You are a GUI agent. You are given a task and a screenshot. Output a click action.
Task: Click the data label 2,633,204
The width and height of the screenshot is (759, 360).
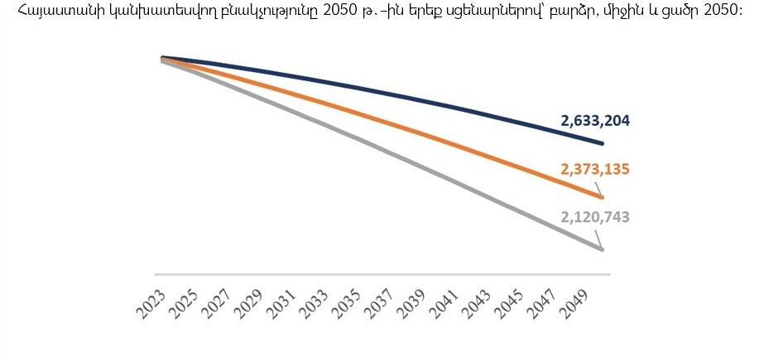pyautogui.click(x=595, y=121)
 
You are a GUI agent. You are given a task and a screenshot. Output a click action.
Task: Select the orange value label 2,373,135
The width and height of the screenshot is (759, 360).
pyautogui.click(x=595, y=170)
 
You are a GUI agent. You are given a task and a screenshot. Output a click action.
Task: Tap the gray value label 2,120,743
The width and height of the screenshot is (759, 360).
pyautogui.click(x=595, y=217)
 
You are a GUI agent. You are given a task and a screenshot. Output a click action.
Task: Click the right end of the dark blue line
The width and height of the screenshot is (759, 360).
pyautogui.click(x=602, y=144)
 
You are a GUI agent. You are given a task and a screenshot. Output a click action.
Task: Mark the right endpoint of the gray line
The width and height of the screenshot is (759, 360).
pyautogui.click(x=602, y=249)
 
